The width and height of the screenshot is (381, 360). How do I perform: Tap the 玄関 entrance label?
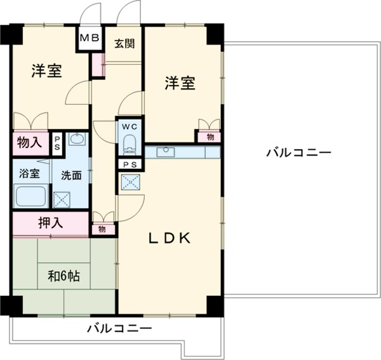tap(123, 44)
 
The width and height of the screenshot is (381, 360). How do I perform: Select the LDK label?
tap(170, 238)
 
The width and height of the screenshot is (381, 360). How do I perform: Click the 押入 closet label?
tap(50, 223)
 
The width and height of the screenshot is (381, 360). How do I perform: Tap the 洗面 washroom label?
tap(71, 175)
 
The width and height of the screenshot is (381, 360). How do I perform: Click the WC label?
tap(130, 125)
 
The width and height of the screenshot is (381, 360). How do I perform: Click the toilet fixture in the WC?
tap(130, 143)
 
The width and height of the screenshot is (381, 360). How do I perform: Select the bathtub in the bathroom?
tap(30, 197)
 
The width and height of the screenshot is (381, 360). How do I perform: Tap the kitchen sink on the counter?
tap(168, 151)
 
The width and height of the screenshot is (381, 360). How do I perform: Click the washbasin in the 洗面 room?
tap(77, 139)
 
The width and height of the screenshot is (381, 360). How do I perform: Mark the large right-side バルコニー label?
tap(299, 153)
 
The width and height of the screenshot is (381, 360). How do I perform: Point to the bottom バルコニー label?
tap(119, 329)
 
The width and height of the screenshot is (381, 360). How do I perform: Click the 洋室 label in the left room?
tap(48, 71)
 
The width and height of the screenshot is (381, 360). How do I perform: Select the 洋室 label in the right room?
tap(180, 83)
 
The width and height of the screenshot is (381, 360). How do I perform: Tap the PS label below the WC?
tap(130, 164)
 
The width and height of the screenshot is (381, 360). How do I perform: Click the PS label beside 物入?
tap(57, 142)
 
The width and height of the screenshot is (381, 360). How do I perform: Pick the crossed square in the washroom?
tap(63, 199)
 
